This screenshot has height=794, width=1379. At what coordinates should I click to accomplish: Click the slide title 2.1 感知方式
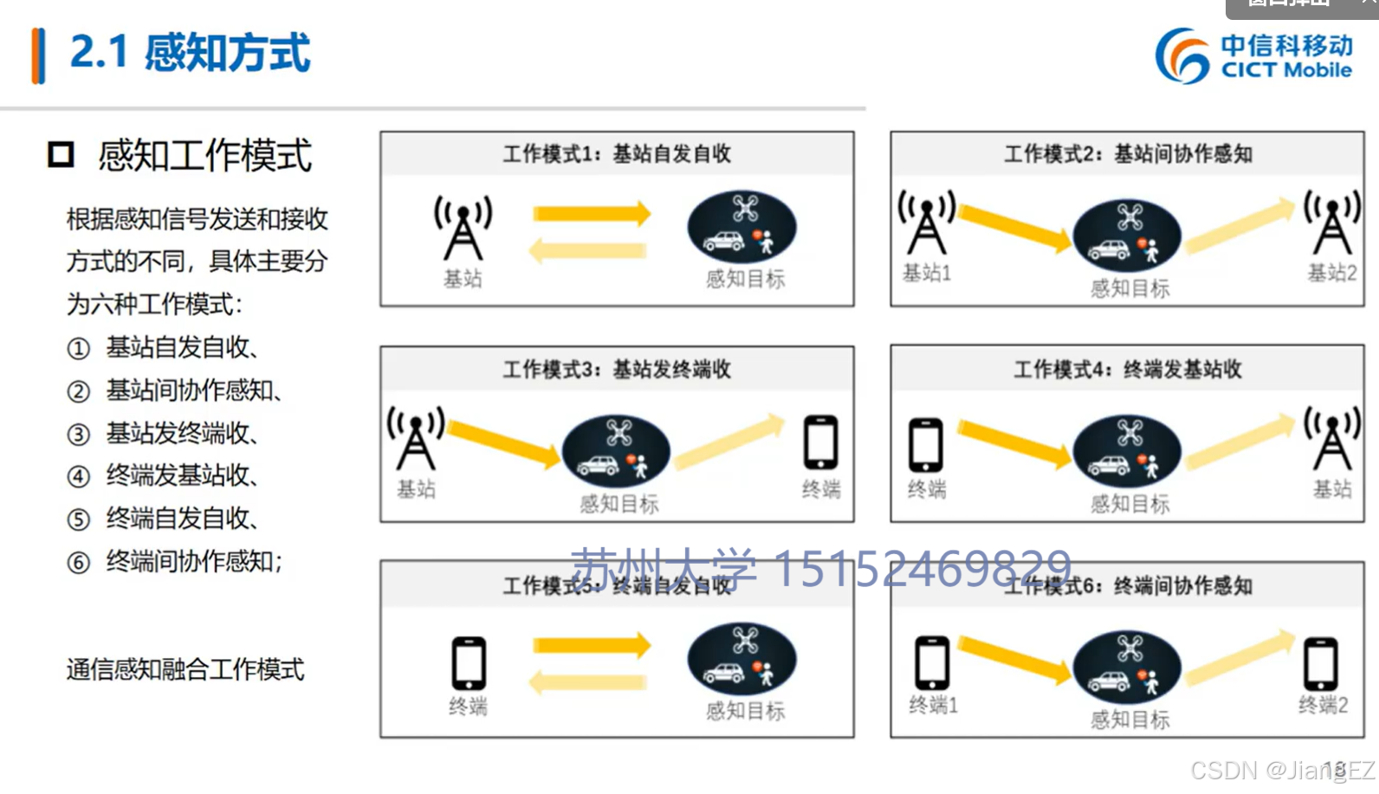click(190, 53)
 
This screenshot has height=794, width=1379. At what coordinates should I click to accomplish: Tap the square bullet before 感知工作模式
click(61, 155)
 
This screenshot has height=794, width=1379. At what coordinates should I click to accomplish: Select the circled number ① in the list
click(79, 349)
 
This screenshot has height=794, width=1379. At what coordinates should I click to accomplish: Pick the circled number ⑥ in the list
click(79, 563)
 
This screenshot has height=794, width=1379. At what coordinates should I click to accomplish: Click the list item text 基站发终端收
click(181, 433)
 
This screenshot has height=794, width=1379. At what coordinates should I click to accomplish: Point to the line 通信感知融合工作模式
click(185, 669)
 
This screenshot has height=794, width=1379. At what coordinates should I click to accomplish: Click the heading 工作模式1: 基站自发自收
click(617, 154)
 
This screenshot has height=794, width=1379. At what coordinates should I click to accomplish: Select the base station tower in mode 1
click(463, 227)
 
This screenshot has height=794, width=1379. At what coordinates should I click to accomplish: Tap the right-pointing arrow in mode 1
click(592, 214)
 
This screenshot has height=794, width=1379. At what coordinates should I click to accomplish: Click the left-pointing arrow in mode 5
click(588, 682)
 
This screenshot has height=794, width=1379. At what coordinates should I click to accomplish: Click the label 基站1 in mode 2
click(927, 274)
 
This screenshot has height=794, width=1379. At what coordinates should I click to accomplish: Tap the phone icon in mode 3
click(820, 442)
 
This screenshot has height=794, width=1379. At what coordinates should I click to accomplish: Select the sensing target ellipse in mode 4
click(1127, 451)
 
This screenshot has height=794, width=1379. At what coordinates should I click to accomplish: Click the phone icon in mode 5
click(469, 663)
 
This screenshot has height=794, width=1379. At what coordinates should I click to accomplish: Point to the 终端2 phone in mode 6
click(1321, 663)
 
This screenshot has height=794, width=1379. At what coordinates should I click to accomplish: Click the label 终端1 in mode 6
click(933, 706)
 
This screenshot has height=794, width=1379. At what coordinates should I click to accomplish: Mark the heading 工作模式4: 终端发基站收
click(1128, 370)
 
